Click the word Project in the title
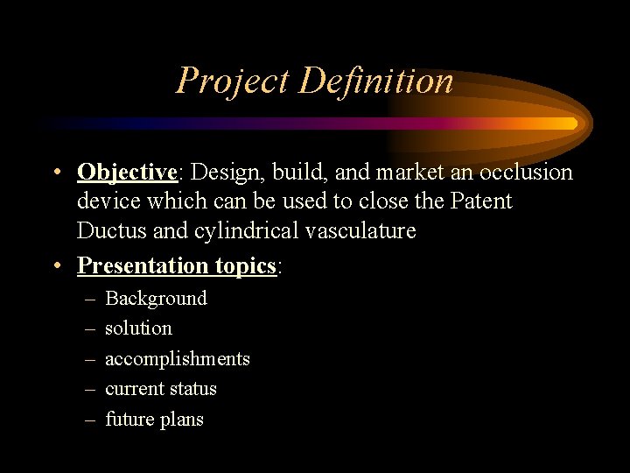click(233, 81)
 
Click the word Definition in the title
click(375, 81)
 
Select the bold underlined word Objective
click(127, 173)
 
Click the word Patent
click(481, 201)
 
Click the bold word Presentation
click(138, 265)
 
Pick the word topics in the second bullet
click(241, 265)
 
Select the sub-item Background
click(156, 299)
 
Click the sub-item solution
click(138, 328)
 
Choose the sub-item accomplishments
click(177, 359)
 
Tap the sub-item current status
click(160, 389)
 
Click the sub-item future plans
click(154, 420)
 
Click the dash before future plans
click(90, 420)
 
